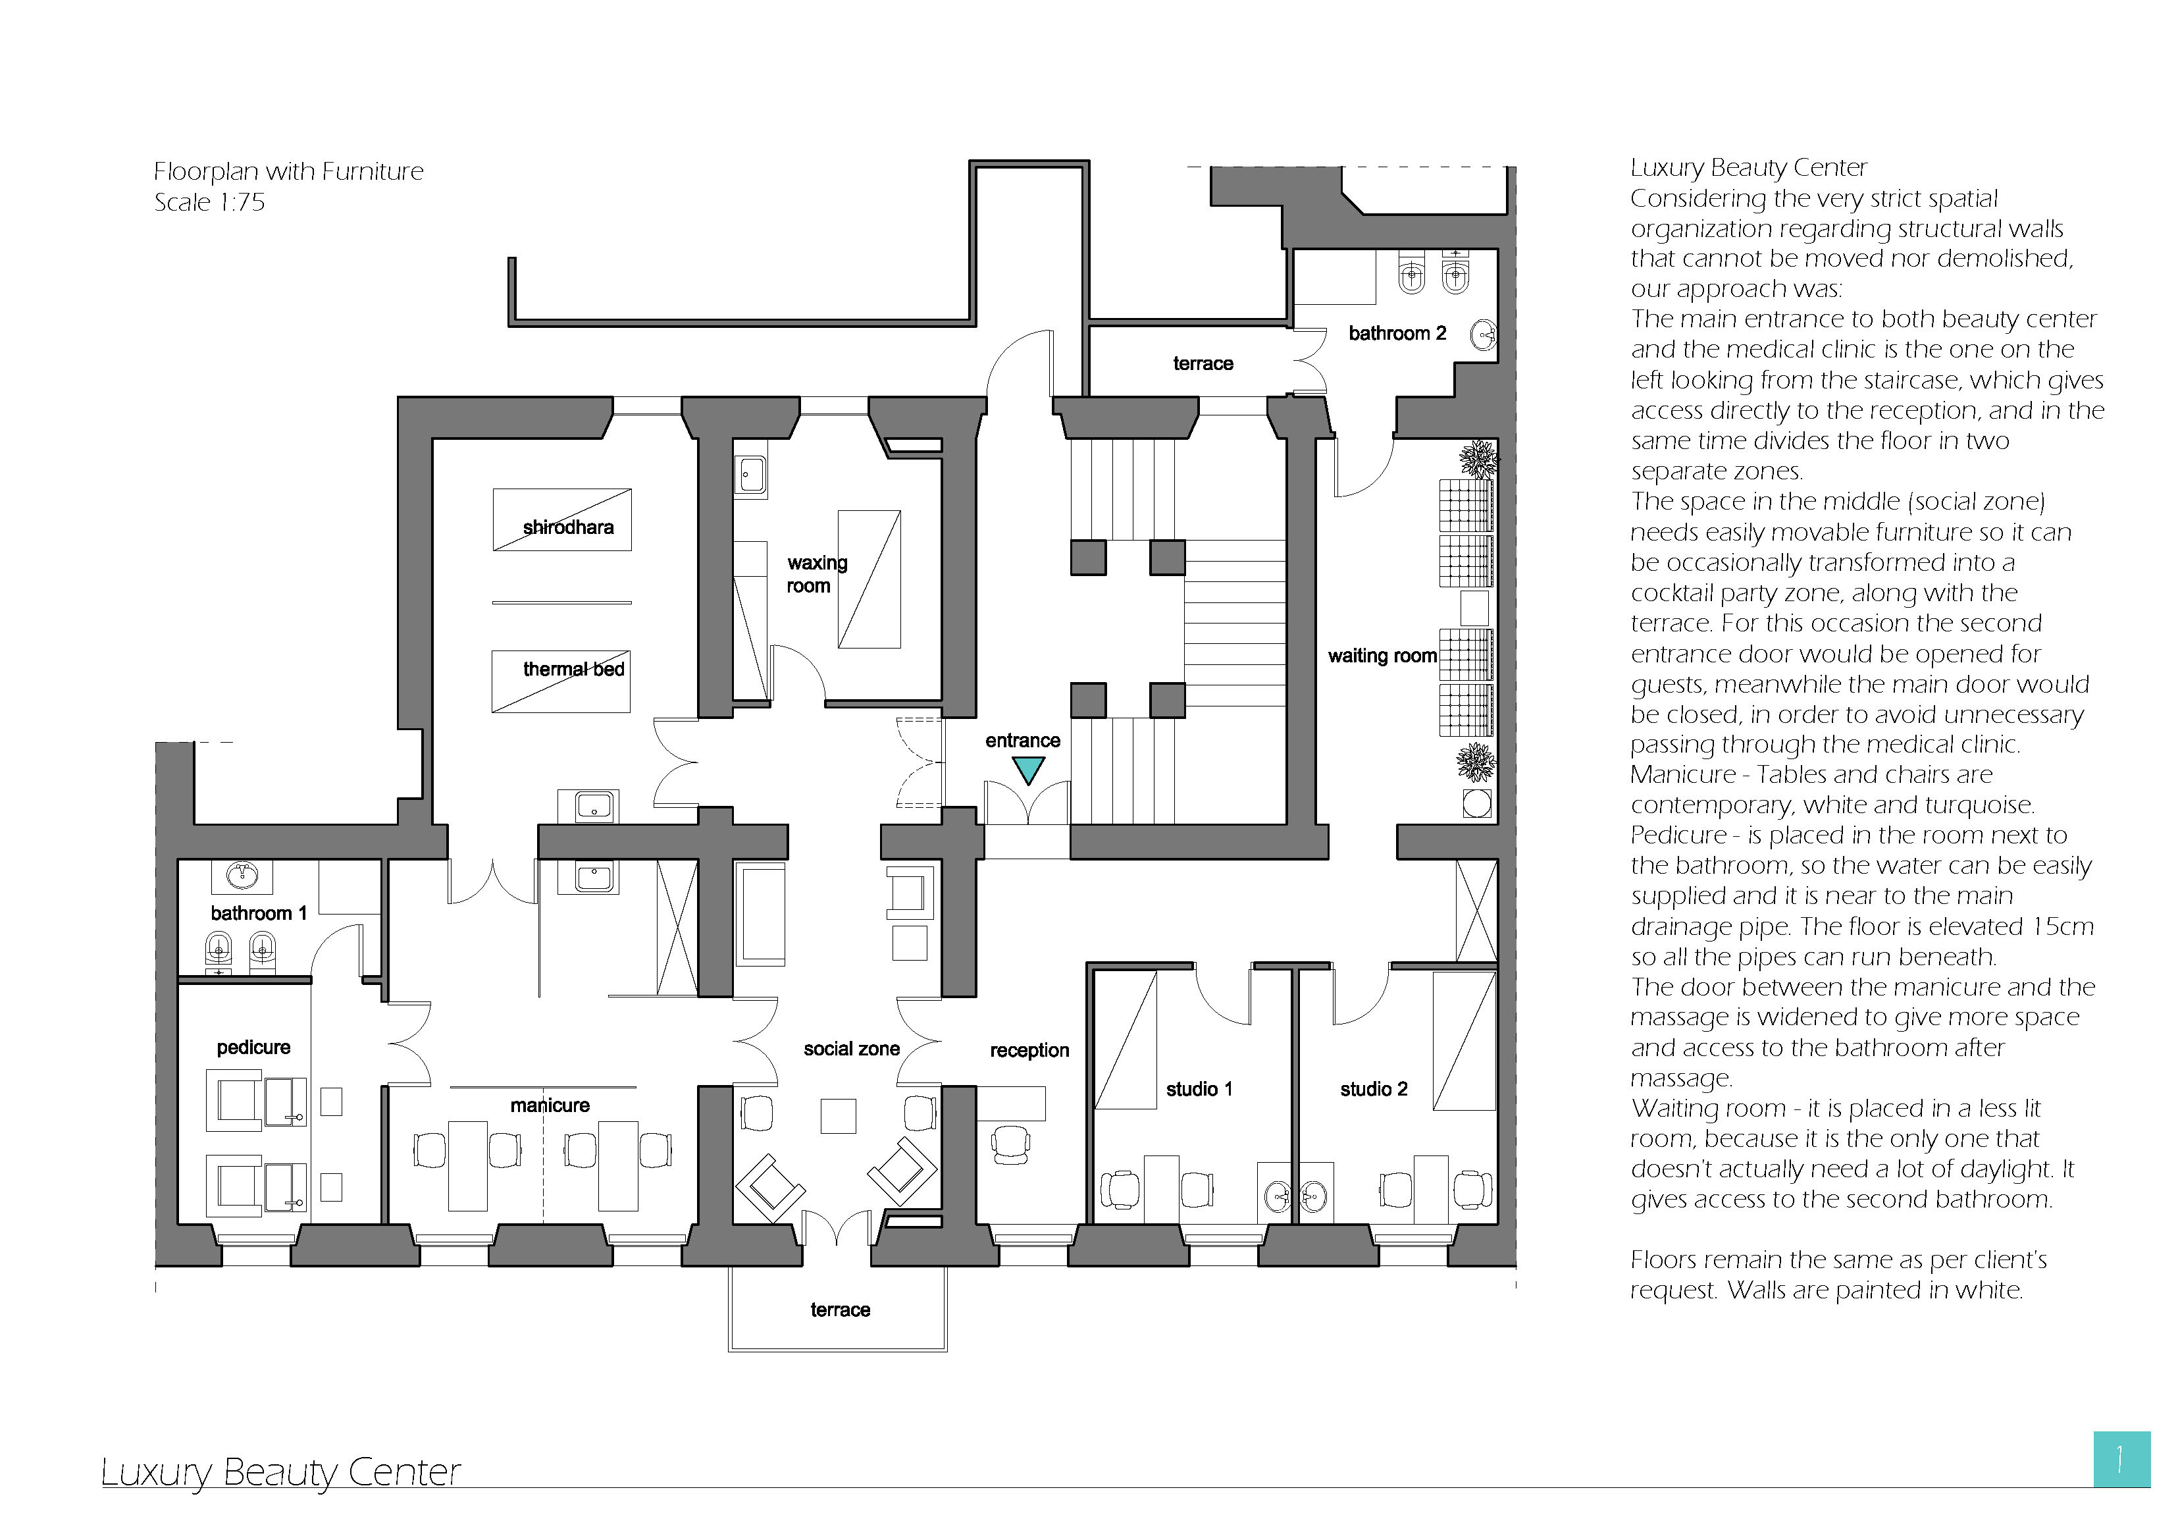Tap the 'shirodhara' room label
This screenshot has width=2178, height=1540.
pos(568,527)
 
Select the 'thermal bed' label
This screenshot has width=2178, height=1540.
pos(574,669)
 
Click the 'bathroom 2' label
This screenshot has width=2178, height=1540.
pos(1397,333)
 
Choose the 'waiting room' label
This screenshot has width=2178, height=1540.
pos(1382,656)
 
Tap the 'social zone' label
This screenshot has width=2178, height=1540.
pos(852,1048)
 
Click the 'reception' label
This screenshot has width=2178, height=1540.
pos(1029,1050)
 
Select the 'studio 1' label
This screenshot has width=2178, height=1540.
pos(1199,1089)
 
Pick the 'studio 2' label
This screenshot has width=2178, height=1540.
pos(1374,1089)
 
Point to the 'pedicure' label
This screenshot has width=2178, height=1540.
pos(253,1048)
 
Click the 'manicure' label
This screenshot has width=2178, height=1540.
pos(550,1105)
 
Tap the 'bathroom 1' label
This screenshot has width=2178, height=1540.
pos(259,913)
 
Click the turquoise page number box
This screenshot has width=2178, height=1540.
pos(2122,1460)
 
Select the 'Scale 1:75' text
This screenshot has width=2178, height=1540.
pos(210,202)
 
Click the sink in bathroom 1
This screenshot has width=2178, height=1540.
pos(242,875)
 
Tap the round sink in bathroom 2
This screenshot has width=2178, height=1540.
pos(1483,334)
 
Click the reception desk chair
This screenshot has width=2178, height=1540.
pos(1010,1144)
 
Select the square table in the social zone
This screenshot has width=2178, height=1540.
pos(839,1116)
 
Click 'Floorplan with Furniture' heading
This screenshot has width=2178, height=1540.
pos(288,172)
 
